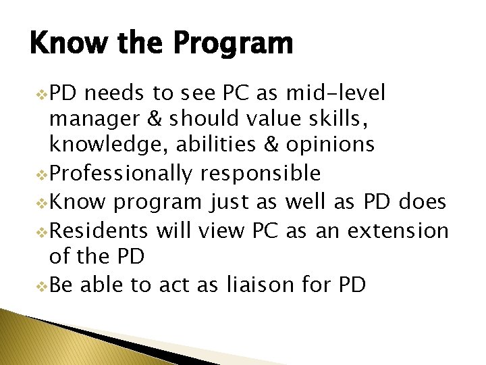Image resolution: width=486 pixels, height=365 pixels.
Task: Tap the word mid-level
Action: point(335,93)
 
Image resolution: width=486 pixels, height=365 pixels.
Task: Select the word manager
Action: point(90,120)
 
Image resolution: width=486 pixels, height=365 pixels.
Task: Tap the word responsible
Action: point(261,174)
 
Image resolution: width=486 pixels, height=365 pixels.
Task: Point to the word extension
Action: point(398,230)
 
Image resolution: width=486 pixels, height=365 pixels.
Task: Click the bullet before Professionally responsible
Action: point(43,174)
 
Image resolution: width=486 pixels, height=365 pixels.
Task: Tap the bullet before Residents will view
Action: point(43,231)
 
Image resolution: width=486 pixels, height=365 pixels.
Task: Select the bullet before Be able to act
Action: point(43,285)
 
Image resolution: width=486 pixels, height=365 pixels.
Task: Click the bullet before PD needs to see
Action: point(43,93)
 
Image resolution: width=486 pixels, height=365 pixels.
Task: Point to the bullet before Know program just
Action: point(43,202)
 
